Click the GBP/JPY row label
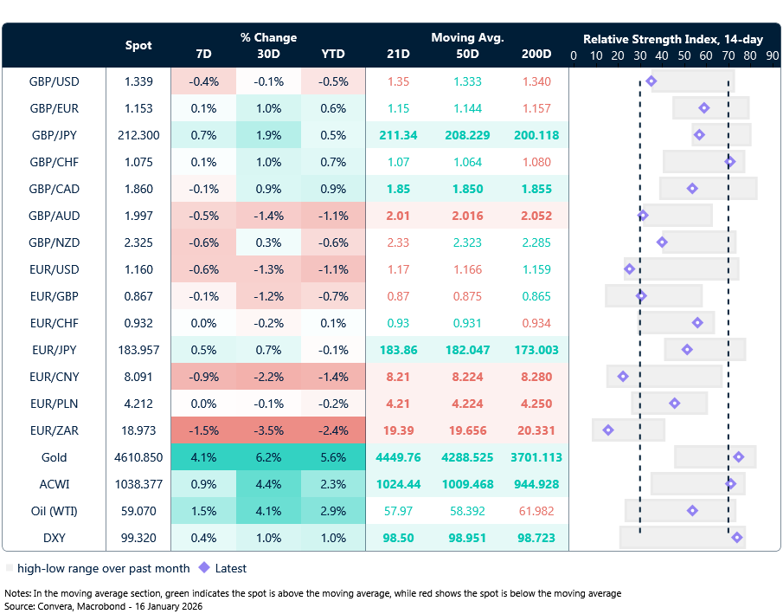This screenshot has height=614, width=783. pos(55,135)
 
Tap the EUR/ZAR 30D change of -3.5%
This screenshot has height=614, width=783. pos(268,430)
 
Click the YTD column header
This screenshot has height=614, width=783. pos(332,54)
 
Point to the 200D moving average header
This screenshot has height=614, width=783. pos(536,54)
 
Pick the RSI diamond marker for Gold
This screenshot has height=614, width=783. pos(738,457)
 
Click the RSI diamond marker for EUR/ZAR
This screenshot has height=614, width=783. pos(608,430)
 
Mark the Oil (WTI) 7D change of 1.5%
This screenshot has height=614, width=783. pos(203,511)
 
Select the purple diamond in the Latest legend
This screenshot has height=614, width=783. pos(204,568)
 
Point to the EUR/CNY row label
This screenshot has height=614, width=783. pos(55,377)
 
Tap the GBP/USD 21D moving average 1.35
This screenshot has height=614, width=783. pos(398,81)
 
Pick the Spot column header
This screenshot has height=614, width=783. pos(138,45)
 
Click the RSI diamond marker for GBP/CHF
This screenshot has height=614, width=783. pos(730,162)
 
